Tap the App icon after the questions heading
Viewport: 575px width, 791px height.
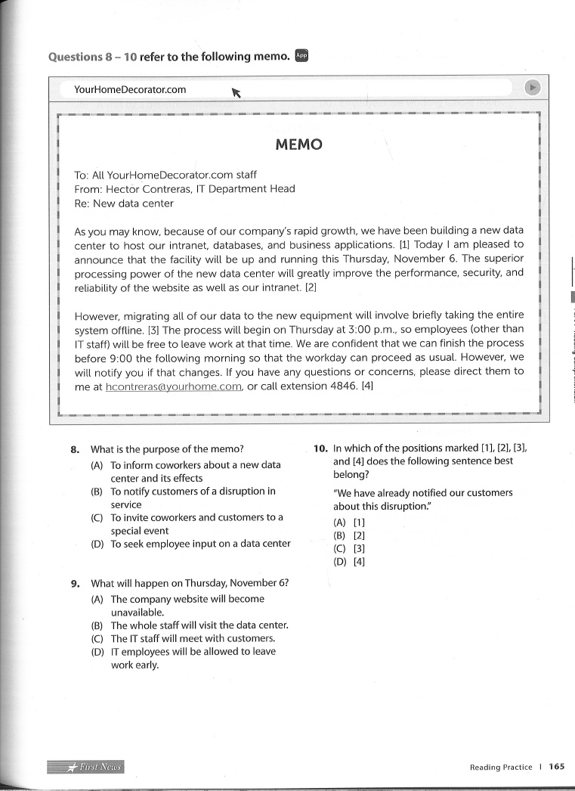pos(301,55)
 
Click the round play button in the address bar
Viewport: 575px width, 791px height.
pos(533,88)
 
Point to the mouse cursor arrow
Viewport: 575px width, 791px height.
pos(236,92)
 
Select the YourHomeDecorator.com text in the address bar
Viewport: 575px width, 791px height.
pos(130,89)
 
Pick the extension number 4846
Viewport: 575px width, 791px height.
pos(344,386)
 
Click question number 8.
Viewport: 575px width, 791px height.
pos(75,448)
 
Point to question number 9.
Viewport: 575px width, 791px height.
pos(75,583)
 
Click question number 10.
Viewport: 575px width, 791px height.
pos(320,448)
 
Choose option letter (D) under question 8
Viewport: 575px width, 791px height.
pos(97,544)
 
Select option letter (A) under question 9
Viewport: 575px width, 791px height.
pos(97,599)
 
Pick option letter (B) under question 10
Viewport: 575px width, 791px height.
pos(339,535)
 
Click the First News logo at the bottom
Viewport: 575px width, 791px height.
pos(85,767)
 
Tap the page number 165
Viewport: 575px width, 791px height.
pos(557,767)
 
